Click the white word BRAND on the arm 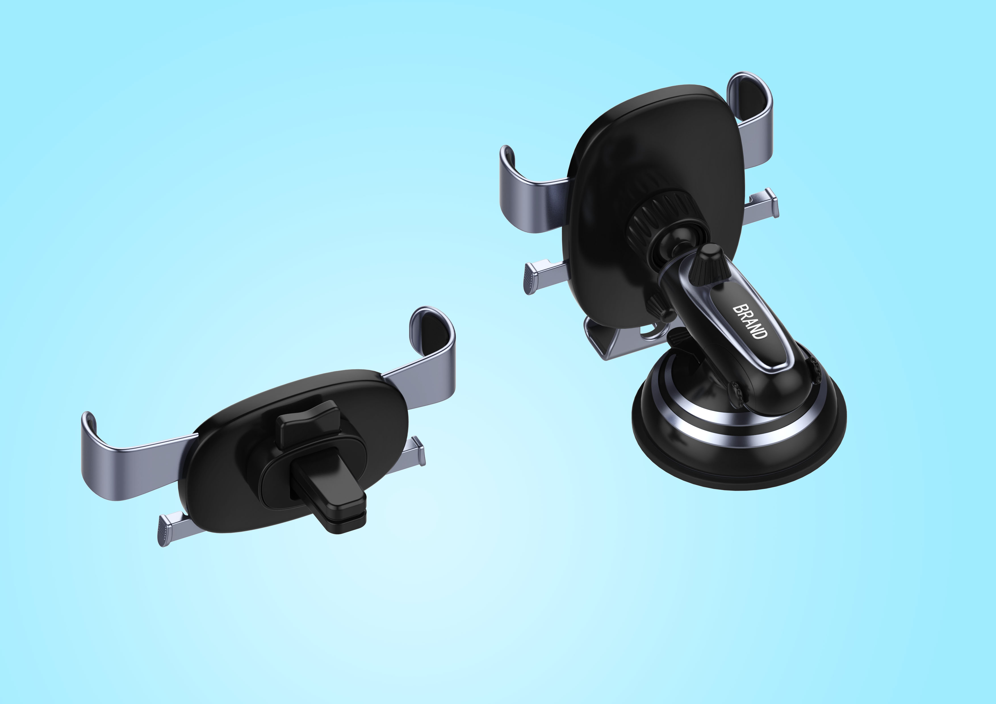750,321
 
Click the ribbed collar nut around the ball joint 655,217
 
